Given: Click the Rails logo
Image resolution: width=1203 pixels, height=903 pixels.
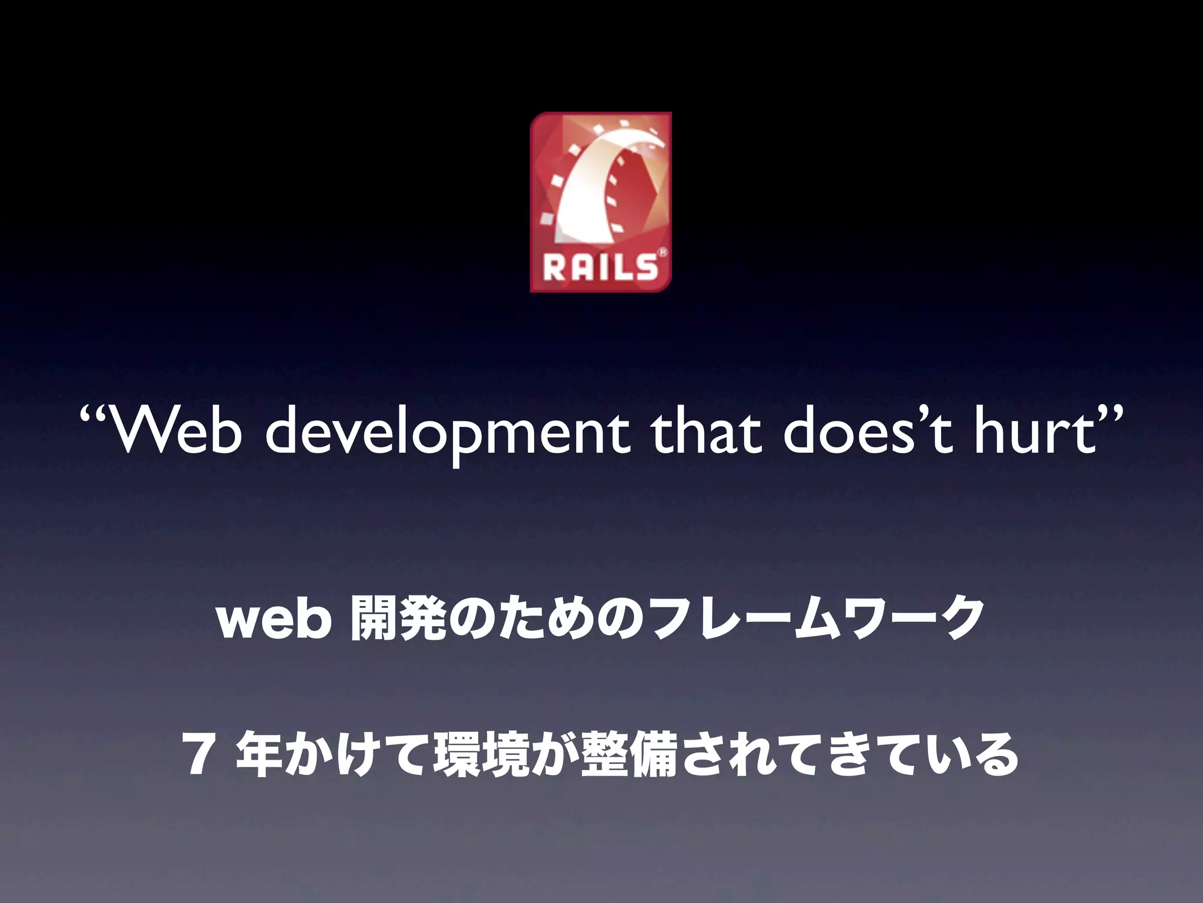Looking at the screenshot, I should [600, 202].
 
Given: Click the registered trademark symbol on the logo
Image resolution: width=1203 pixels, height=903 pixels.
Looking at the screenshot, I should [662, 253].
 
